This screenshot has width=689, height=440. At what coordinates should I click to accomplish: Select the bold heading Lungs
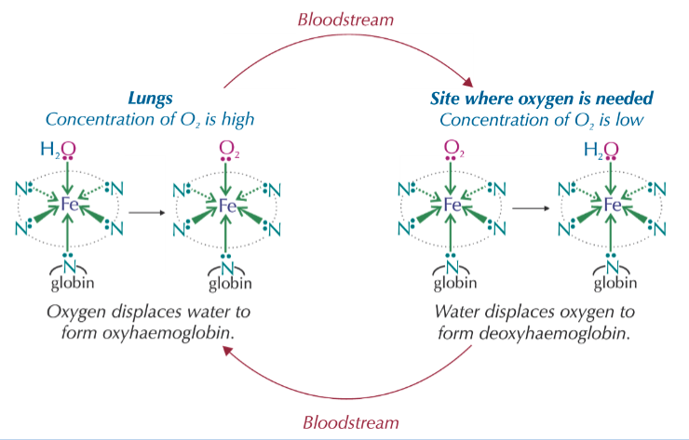[150, 97]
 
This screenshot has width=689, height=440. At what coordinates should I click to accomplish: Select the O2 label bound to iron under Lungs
[227, 149]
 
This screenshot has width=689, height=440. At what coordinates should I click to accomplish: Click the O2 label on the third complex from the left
[452, 149]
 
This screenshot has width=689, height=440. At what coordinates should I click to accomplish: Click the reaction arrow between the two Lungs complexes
[145, 213]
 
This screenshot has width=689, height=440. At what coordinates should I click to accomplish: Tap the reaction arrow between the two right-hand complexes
[531, 207]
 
